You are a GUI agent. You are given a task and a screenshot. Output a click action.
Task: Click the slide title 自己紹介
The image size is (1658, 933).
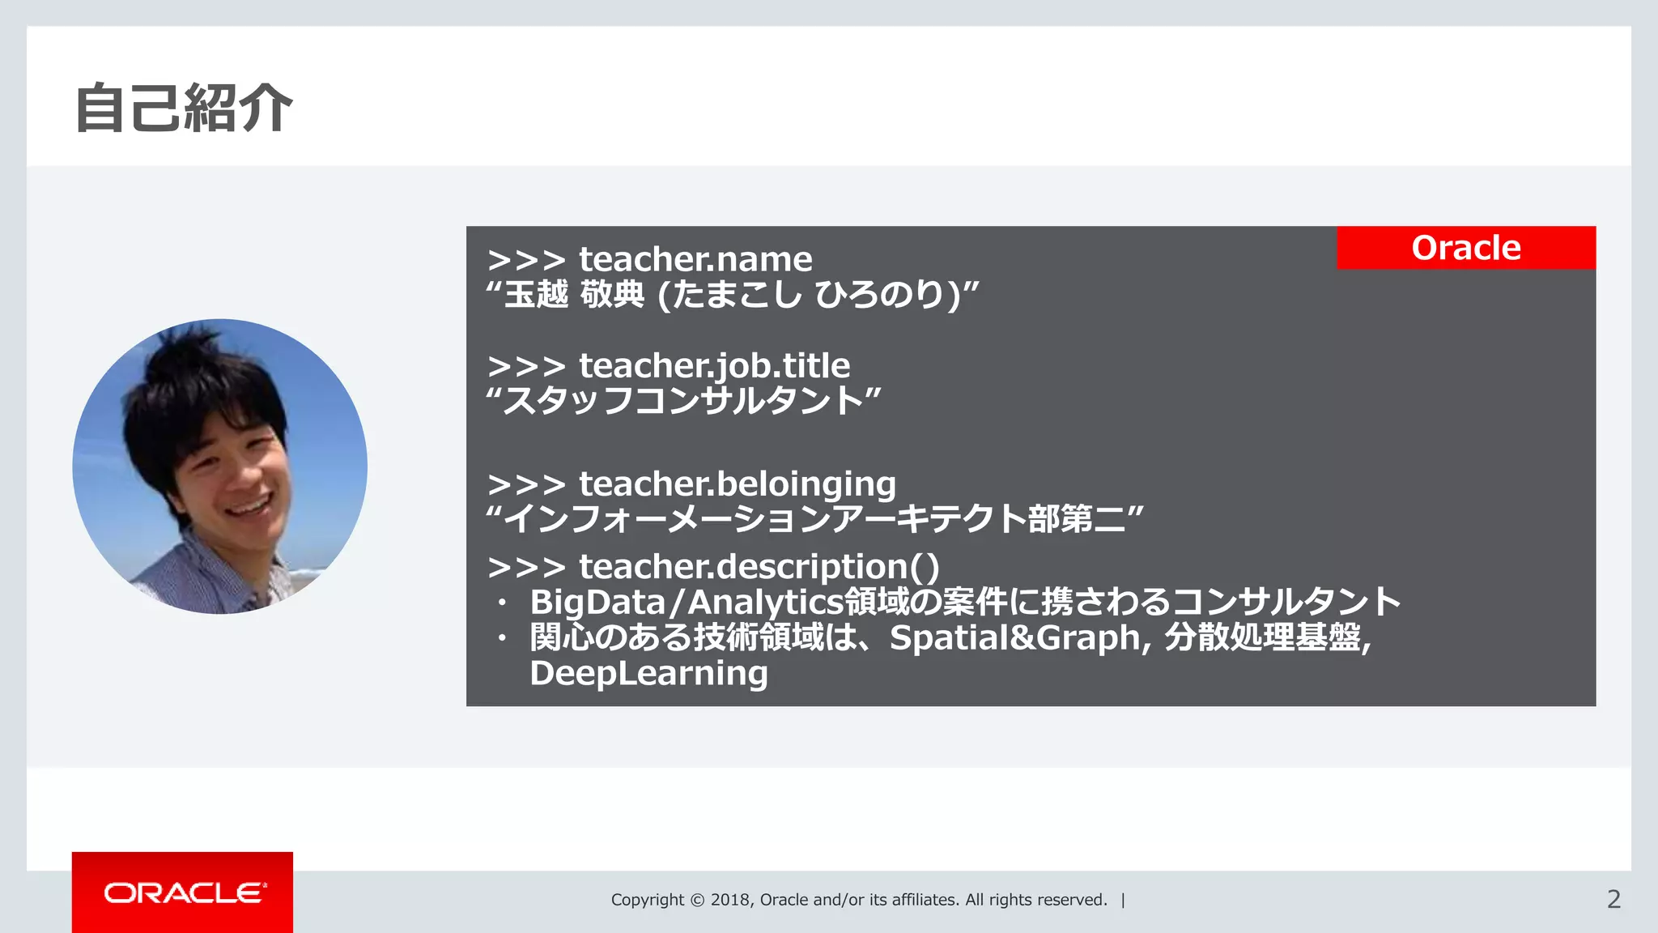tap(184, 108)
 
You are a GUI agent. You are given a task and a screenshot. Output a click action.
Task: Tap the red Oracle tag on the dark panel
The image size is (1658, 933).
tap(1465, 248)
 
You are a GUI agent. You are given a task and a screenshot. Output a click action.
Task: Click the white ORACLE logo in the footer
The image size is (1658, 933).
tap(185, 893)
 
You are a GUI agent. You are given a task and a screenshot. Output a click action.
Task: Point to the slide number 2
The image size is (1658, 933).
tap(1613, 899)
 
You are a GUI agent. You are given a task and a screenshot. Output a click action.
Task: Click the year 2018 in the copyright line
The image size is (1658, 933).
tap(731, 900)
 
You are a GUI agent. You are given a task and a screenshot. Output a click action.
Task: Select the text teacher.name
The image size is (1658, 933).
tap(695, 260)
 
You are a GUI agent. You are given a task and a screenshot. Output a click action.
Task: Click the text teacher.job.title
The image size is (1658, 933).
tap(714, 366)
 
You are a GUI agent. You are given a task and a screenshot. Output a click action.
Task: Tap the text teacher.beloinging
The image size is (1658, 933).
tap(737, 484)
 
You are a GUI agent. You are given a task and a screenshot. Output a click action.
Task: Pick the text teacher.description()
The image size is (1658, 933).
tap(759, 567)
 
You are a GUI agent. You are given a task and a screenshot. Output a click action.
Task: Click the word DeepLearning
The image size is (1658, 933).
tap(648, 673)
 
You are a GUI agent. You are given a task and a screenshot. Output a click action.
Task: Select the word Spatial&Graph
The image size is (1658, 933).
tap(1014, 637)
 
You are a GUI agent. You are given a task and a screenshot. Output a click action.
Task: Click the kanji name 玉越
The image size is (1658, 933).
tap(536, 294)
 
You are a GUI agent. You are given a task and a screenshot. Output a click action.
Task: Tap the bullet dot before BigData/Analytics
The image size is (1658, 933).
tap(502, 603)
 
